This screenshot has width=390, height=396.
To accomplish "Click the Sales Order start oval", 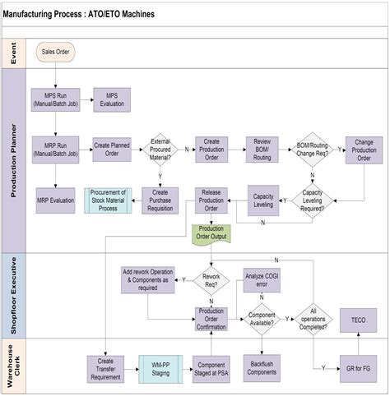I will pos(56,53).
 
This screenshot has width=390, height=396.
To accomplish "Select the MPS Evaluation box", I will pos(112,99).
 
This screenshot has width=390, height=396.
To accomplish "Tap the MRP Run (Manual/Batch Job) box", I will pos(55,148).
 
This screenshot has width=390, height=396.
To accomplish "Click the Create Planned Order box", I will pos(112,148).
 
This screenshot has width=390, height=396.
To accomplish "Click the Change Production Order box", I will pos(364,148).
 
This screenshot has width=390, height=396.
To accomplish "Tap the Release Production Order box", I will pos(211,200).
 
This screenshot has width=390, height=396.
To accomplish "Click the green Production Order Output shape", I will pos(212,233).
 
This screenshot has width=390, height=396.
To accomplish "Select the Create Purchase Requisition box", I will pos(161,200).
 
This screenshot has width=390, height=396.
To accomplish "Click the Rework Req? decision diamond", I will pos(211,280).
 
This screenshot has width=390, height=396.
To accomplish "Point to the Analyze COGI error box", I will pos(262,280).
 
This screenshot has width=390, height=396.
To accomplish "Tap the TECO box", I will pos(359,320).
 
